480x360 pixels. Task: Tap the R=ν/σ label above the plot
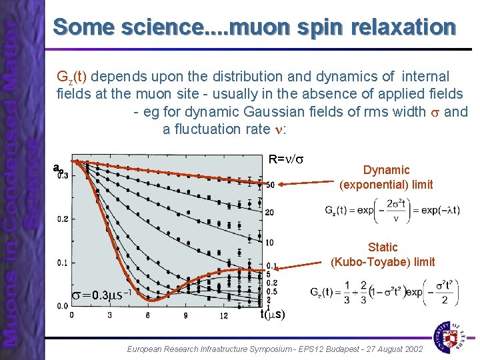[286, 159]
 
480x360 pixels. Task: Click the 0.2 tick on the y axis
[61, 219]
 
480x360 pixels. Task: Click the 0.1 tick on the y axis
[61, 263]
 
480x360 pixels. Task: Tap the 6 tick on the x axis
[148, 315]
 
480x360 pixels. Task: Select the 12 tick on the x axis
[223, 315]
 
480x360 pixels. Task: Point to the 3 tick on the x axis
[110, 315]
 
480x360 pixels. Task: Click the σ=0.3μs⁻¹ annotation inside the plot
[100, 295]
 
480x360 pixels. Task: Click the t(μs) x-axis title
[273, 315]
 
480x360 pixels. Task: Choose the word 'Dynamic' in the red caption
[386, 170]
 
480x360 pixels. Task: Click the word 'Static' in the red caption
[383, 247]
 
